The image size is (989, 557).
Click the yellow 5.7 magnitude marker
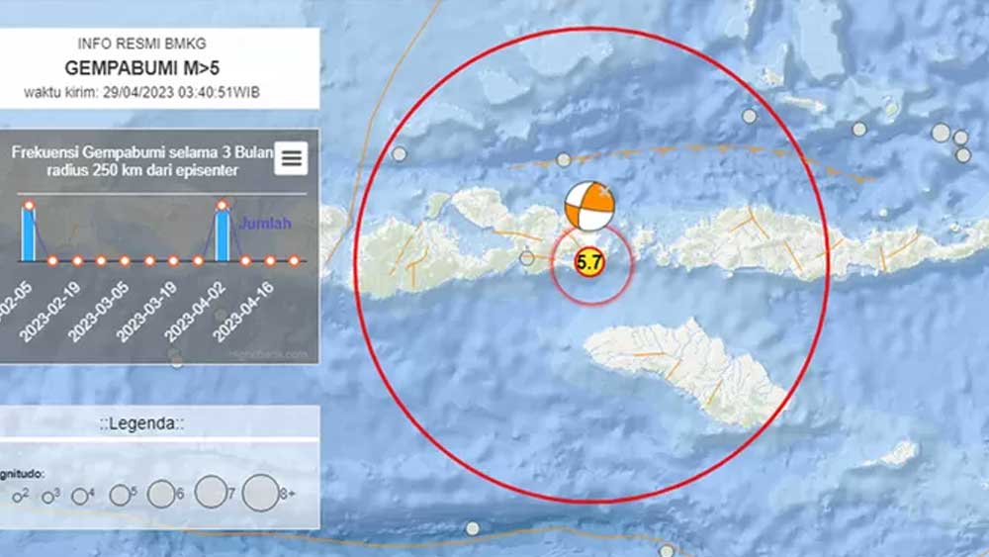[x=588, y=263]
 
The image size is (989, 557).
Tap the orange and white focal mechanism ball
[x=588, y=206]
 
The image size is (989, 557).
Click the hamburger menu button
[x=292, y=158]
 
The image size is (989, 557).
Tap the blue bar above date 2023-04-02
[x=223, y=233]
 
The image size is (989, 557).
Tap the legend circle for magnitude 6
[x=160, y=494]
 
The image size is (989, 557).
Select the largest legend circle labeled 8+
[x=260, y=494]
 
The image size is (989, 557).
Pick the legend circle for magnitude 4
[x=78, y=497]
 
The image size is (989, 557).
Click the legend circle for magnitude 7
[x=210, y=492]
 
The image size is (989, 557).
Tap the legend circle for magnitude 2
[x=17, y=498]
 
